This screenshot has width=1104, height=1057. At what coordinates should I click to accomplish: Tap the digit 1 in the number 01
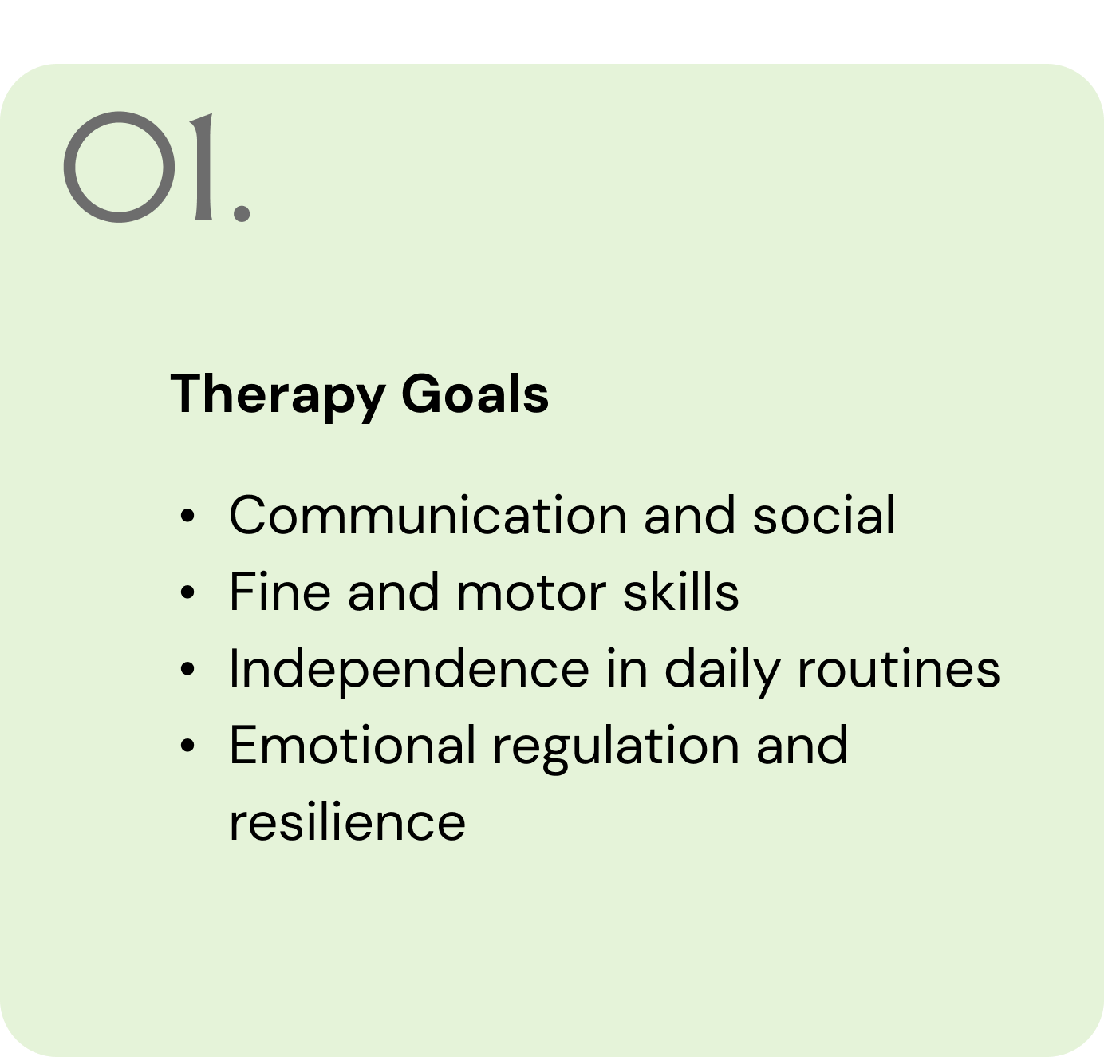click(x=203, y=167)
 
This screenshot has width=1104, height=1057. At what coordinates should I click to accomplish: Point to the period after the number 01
click(x=242, y=213)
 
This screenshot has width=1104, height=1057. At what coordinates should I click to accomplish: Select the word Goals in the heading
click(x=475, y=394)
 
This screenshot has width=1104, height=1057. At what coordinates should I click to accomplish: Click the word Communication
click(x=428, y=516)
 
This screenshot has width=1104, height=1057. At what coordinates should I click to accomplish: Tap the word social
click(x=824, y=516)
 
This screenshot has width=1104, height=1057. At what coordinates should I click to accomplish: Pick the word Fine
click(x=280, y=592)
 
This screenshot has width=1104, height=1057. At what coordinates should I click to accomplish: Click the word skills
click(x=680, y=592)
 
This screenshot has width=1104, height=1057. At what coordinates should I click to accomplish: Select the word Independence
click(x=409, y=669)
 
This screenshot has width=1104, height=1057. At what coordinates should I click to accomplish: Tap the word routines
click(x=899, y=669)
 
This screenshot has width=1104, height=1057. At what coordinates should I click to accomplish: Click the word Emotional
click(x=352, y=745)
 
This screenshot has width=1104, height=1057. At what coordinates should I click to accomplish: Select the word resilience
click(x=347, y=821)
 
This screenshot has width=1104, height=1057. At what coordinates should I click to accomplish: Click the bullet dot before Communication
click(x=187, y=516)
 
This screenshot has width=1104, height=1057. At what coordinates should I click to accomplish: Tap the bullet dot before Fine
click(x=187, y=592)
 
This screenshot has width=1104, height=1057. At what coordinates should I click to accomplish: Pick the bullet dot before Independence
click(x=187, y=669)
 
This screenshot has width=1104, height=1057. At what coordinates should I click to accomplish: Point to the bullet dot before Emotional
click(x=187, y=746)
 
